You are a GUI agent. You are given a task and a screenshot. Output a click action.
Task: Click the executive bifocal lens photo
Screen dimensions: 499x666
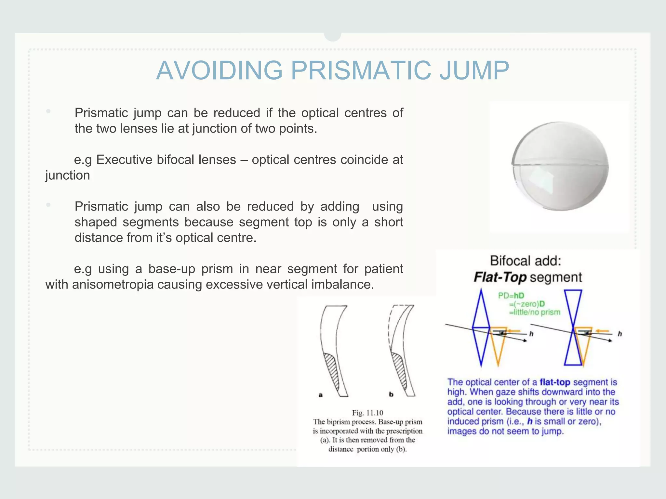[x=560, y=166]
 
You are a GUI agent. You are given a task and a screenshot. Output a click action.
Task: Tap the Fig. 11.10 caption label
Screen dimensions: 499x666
[x=367, y=413]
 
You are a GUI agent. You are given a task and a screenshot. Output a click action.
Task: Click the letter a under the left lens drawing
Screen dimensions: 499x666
[x=320, y=395]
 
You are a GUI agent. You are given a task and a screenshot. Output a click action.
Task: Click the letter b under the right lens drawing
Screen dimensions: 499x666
[x=391, y=394]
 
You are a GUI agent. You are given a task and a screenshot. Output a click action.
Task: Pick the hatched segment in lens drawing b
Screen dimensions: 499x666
[x=400, y=370]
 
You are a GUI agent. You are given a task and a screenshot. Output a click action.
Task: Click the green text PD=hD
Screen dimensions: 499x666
[x=511, y=296]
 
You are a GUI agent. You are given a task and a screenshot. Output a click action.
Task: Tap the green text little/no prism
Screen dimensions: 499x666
[x=535, y=312]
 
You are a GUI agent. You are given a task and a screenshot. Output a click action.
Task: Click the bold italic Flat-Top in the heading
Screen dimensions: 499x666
[x=500, y=277]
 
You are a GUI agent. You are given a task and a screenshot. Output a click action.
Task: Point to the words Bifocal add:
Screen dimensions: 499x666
[x=526, y=261]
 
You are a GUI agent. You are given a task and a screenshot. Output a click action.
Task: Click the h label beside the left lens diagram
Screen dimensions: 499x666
[x=531, y=334]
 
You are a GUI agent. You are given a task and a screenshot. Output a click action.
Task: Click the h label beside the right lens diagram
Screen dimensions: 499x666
[x=619, y=334]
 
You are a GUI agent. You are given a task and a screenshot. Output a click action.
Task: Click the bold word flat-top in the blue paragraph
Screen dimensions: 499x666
[x=555, y=382]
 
